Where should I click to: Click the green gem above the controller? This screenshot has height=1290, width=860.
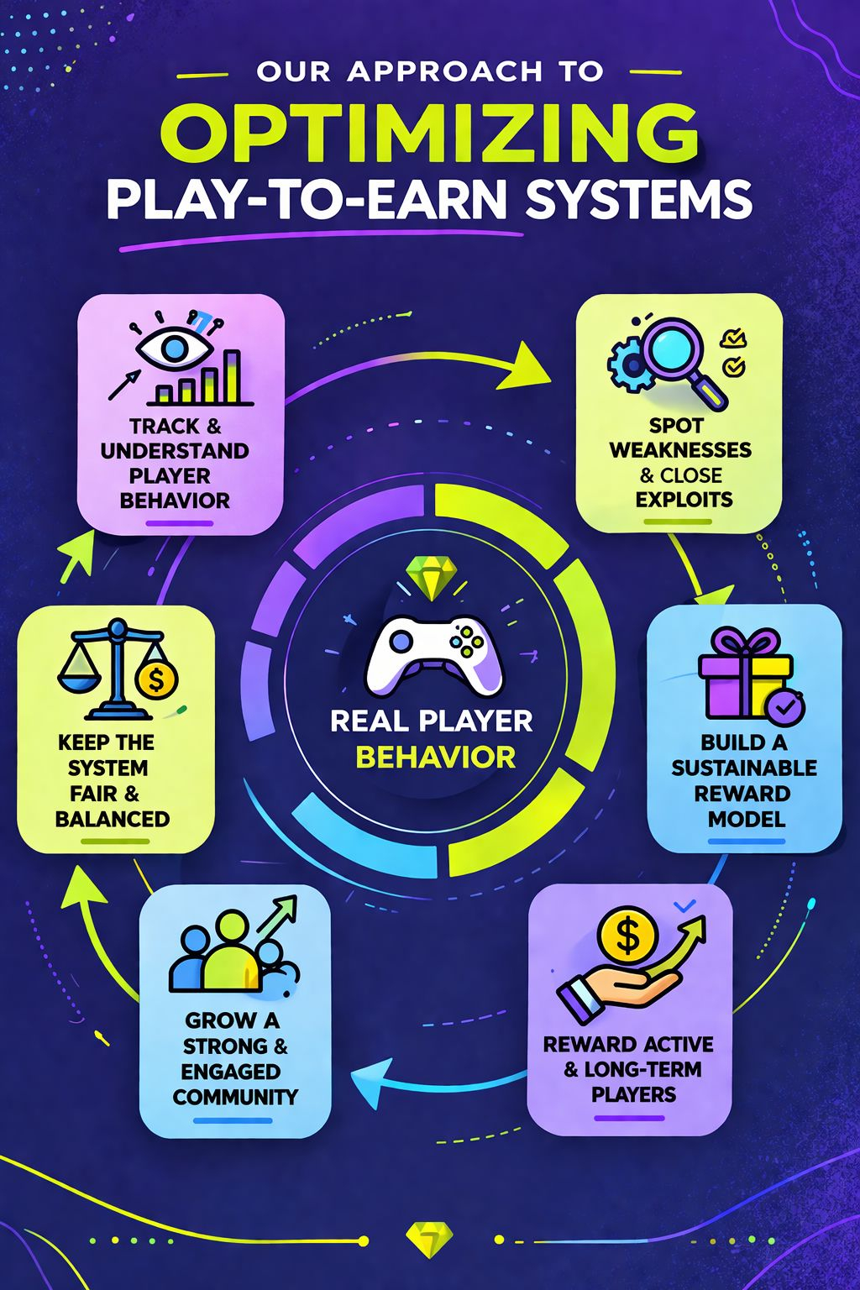(x=430, y=578)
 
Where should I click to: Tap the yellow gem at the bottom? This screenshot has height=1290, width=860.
(x=429, y=1240)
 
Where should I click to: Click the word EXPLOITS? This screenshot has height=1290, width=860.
(x=684, y=500)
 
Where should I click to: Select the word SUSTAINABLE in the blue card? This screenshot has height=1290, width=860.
(x=744, y=768)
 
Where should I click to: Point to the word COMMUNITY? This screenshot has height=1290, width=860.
(x=235, y=1097)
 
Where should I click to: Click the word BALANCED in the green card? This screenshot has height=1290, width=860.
(x=113, y=819)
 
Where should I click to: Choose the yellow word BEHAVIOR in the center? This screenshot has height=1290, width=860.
(x=435, y=758)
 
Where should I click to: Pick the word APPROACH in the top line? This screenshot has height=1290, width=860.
(x=445, y=72)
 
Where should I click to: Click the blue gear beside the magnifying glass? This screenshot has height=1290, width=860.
(x=627, y=362)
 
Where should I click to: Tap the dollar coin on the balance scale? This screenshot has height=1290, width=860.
(x=155, y=679)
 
